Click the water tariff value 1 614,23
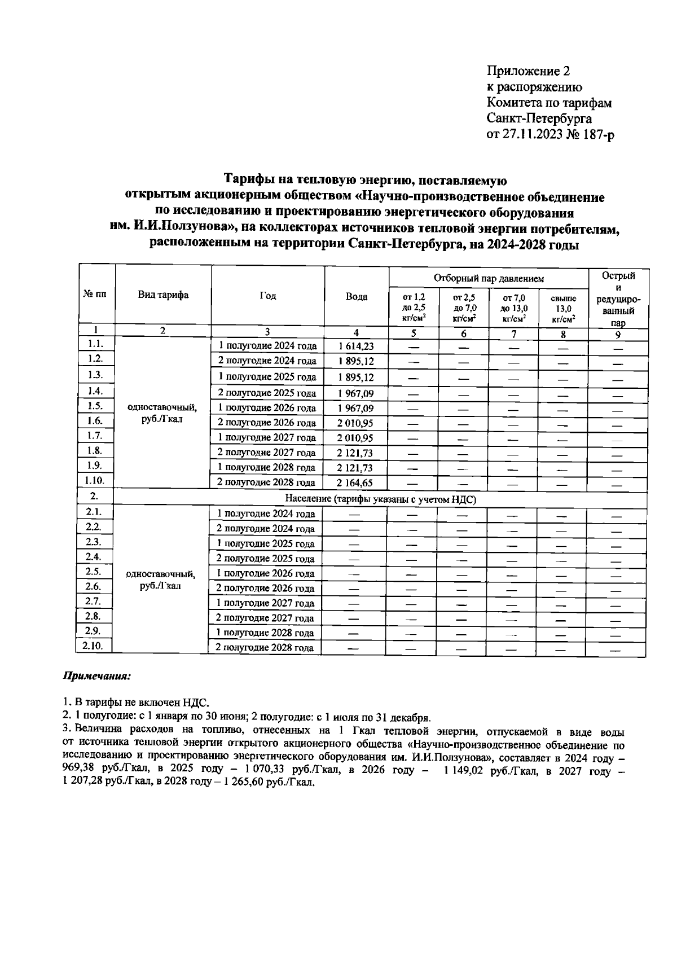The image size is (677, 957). [x=356, y=346]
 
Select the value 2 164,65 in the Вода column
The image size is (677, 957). [x=355, y=482]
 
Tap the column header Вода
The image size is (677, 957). [x=357, y=297]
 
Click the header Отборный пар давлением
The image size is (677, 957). [x=489, y=278]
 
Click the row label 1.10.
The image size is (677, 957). [x=94, y=480]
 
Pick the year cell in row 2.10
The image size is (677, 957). [x=265, y=648]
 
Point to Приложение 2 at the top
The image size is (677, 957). [x=529, y=71]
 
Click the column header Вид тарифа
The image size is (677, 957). [x=163, y=295]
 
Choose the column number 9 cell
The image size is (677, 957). [x=618, y=334]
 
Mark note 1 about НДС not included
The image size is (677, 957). [x=135, y=703]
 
